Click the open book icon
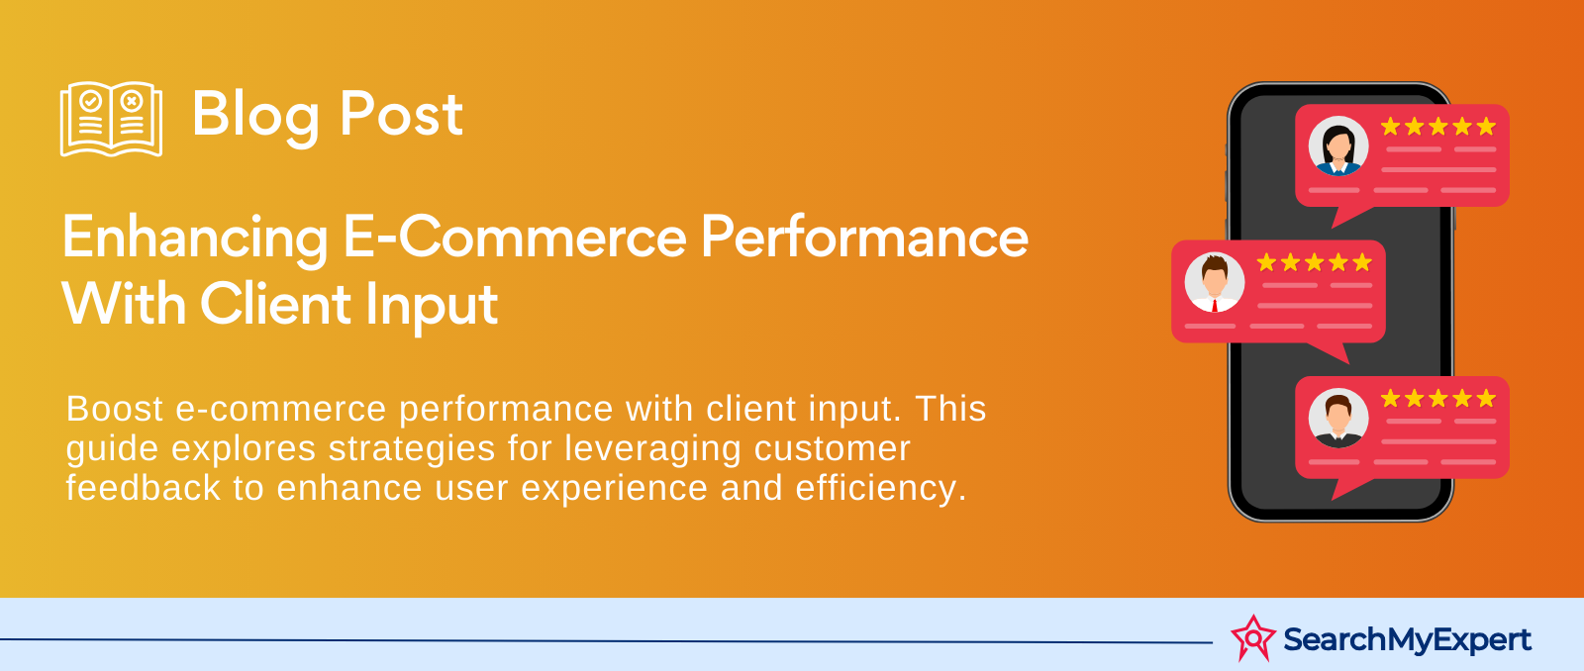click(x=111, y=119)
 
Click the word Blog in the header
click(x=255, y=115)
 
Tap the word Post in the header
click(x=401, y=115)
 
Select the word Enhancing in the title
click(x=195, y=239)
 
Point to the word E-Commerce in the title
click(x=515, y=238)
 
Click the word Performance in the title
click(x=865, y=238)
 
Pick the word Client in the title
click(x=276, y=304)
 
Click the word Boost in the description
click(x=115, y=409)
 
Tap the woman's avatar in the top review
click(x=1338, y=146)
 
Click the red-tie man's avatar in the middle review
click(x=1215, y=282)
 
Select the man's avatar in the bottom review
click(x=1338, y=419)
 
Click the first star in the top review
click(x=1391, y=127)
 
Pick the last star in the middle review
click(x=1362, y=262)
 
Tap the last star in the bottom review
click(x=1486, y=399)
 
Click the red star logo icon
click(x=1253, y=638)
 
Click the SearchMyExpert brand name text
click(x=1407, y=640)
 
